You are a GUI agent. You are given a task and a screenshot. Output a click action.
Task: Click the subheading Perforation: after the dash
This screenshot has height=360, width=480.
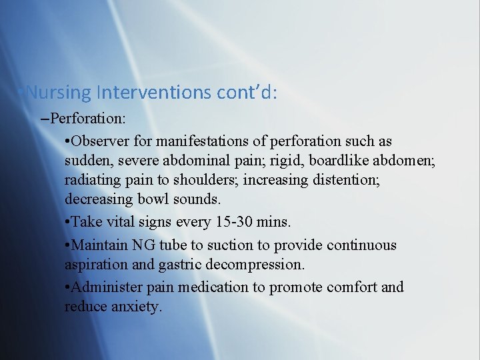pos(88,119)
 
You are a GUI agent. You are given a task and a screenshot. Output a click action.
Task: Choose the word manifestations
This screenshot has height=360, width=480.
pos(193,142)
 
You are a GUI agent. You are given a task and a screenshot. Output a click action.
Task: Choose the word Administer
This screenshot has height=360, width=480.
pos(104,287)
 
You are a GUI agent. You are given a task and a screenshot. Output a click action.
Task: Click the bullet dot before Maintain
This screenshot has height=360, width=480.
pos(68,245)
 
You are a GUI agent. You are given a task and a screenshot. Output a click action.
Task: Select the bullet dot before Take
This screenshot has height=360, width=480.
pos(68,223)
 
